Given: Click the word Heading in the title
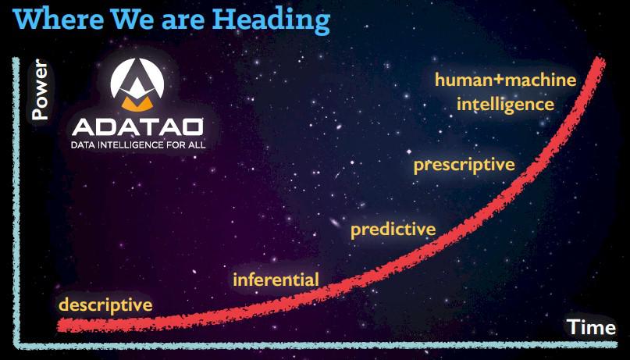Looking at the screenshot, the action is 271,20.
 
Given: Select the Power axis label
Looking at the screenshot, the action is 40,90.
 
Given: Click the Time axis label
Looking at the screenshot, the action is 591,327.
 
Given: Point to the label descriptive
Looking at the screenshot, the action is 105,305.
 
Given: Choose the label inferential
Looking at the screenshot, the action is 276,280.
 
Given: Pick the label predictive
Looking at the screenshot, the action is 393,230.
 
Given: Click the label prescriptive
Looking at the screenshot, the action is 464,165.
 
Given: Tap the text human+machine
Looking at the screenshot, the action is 505,80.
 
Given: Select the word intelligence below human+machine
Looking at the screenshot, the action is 505,105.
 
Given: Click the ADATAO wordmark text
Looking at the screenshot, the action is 138,127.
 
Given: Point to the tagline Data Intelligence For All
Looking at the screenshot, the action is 138,144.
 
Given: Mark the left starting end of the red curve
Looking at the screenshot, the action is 60,325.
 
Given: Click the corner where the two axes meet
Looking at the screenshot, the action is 16,344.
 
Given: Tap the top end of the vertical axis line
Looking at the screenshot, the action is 16,59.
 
